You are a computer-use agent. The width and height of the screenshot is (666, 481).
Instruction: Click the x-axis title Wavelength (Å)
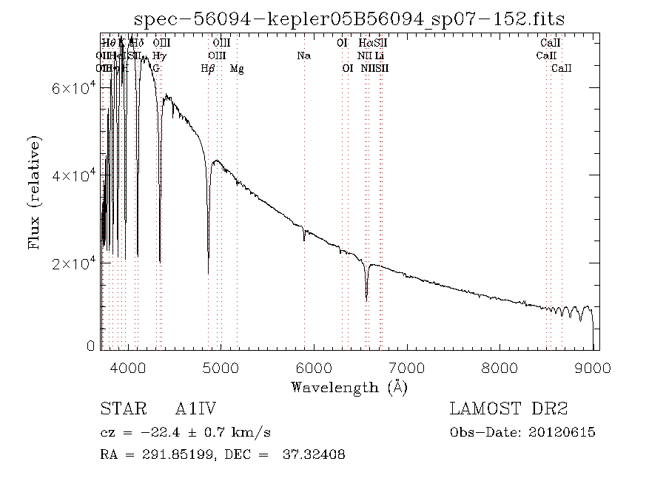click(349, 386)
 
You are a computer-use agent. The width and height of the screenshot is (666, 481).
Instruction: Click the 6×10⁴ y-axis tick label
click(73, 88)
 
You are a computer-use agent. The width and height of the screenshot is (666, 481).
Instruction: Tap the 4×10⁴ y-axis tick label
click(73, 175)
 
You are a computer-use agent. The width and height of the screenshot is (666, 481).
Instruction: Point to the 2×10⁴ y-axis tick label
click(73, 263)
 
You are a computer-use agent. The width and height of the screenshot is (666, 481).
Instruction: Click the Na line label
click(303, 55)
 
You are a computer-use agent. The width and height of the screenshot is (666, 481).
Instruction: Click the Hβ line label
click(208, 68)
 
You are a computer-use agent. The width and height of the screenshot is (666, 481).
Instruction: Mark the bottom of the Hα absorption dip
click(366, 299)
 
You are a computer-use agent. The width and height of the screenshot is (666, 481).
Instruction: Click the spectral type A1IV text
click(195, 409)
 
